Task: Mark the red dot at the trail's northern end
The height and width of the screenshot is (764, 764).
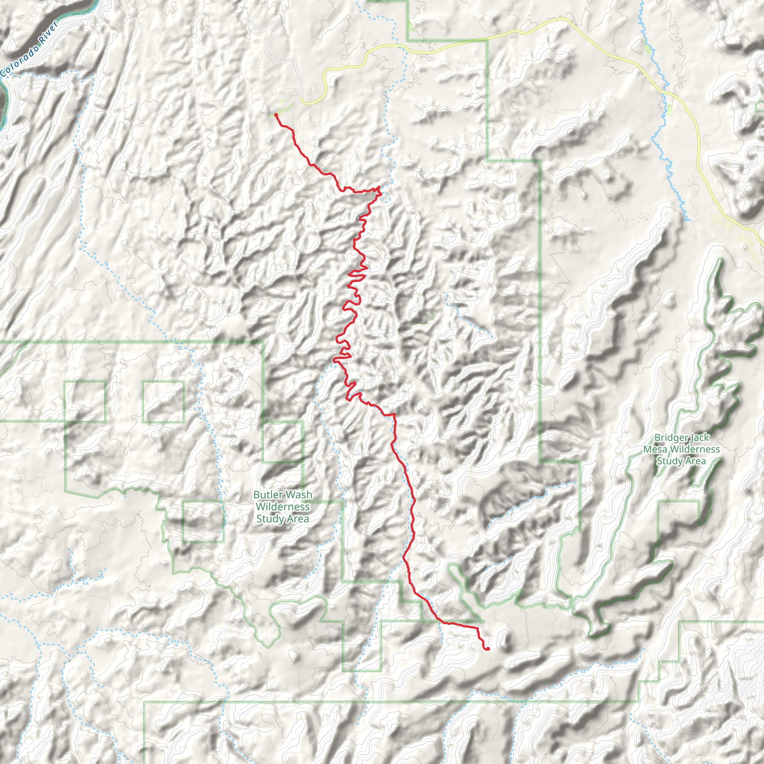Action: [x=276, y=115]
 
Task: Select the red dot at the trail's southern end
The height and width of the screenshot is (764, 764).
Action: [x=488, y=648]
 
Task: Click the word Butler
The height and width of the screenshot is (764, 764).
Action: [x=268, y=495]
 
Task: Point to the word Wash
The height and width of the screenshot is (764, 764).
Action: [x=300, y=495]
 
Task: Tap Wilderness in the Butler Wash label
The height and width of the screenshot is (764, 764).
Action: [x=282, y=507]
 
